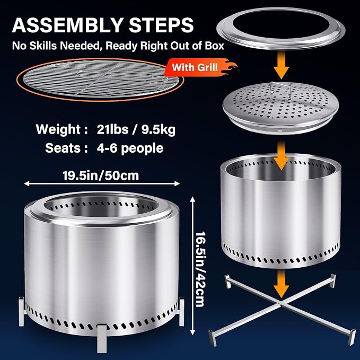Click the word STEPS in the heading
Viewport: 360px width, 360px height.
tap(161, 25)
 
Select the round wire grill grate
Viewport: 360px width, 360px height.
tap(100, 78)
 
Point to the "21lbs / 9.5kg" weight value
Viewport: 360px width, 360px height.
tap(136, 129)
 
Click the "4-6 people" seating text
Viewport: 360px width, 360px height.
tap(130, 148)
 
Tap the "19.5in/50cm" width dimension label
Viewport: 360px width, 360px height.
tap(101, 176)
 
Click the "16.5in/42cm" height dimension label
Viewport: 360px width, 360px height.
tap(200, 269)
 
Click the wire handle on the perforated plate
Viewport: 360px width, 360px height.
tap(280, 89)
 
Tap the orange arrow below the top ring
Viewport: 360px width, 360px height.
tap(281, 65)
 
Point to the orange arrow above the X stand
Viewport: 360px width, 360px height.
tap(281, 284)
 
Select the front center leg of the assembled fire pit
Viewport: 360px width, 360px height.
tap(102, 338)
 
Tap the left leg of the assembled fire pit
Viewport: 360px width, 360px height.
tap(21, 311)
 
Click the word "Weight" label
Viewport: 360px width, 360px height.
tap(58, 129)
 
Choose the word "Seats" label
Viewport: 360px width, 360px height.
tap(63, 148)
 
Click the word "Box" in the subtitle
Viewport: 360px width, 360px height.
tap(214, 46)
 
